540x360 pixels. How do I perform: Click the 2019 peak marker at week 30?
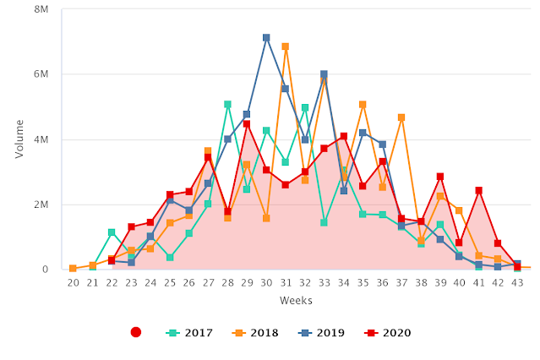[266, 38]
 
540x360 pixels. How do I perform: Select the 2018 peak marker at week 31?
[286, 47]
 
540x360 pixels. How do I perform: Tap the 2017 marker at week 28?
[228, 105]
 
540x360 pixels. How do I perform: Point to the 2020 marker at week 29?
[247, 124]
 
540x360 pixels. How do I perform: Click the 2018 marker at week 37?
[401, 117]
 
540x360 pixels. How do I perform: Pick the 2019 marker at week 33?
[324, 75]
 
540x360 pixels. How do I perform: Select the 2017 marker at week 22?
[112, 232]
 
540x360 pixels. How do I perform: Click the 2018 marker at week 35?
[363, 105]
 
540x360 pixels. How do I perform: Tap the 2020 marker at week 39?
[440, 177]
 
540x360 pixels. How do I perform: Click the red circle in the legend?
[135, 333]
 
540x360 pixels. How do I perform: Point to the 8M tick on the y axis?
[41, 9]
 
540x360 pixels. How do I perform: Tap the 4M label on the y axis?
[41, 139]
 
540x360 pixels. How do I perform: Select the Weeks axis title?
[296, 301]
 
